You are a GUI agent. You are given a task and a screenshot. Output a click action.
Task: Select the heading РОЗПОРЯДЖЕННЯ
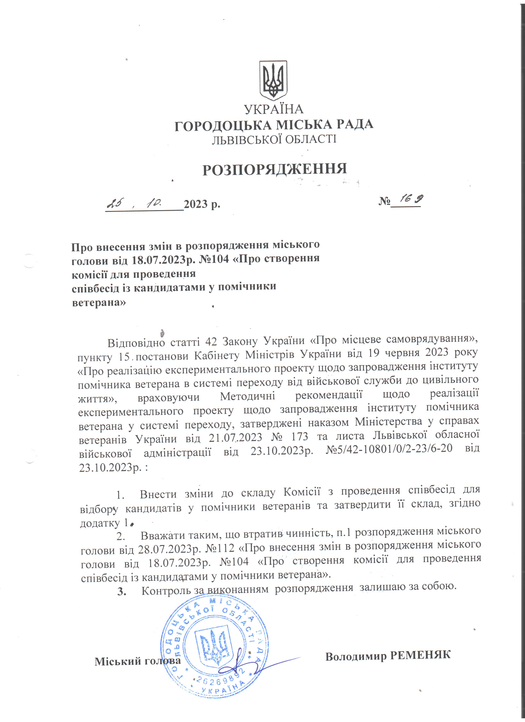click(x=274, y=169)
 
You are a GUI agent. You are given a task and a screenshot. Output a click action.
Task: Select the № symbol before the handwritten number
click(x=384, y=201)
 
